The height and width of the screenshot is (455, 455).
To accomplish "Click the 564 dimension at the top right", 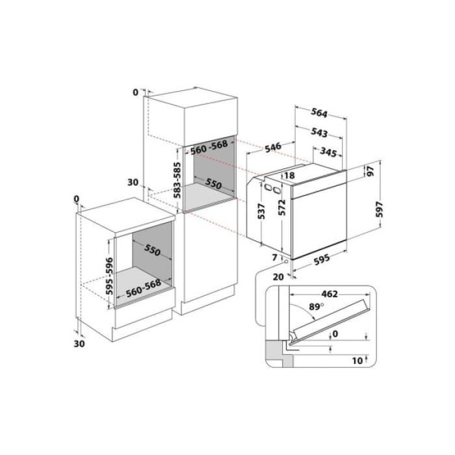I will (x=318, y=112).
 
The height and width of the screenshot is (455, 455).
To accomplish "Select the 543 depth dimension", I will (x=318, y=133).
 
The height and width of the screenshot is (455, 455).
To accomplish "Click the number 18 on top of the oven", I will (x=290, y=175).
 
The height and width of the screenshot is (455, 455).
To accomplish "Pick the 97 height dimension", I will (x=369, y=172).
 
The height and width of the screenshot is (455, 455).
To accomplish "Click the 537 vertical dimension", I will (x=261, y=212).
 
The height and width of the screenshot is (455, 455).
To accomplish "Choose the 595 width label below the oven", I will (x=322, y=259).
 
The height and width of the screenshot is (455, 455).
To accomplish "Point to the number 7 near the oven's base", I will (x=274, y=258).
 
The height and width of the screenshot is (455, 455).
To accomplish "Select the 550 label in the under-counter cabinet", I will (x=152, y=250).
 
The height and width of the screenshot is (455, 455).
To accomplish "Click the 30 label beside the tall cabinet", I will (x=134, y=183).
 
